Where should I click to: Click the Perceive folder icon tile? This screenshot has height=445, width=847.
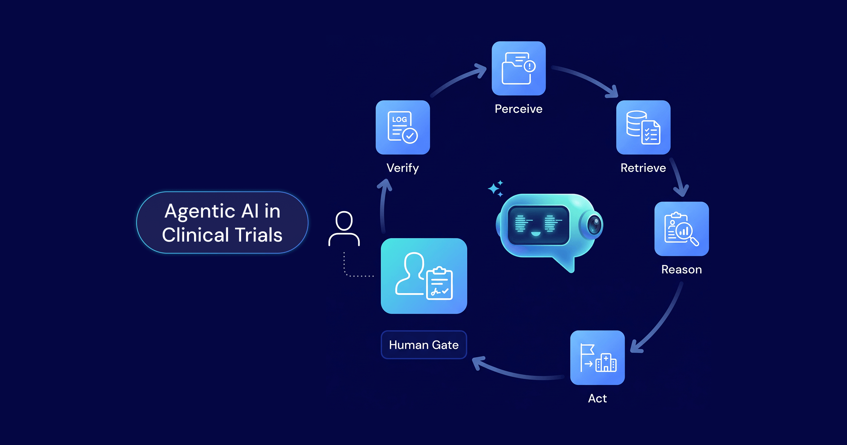pos(518,68)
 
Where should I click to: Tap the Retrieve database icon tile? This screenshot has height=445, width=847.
pos(643,127)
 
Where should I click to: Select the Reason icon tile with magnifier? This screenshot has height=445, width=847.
pos(681,229)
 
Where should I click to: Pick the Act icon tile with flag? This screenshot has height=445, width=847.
pos(597,357)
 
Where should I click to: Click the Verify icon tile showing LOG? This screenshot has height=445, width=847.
pos(403,127)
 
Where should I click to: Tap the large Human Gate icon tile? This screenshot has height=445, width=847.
pos(424,276)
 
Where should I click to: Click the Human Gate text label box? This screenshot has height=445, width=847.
pos(424,345)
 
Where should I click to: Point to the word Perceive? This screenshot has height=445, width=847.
pos(518,109)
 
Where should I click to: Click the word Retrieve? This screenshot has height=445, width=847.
pos(643,168)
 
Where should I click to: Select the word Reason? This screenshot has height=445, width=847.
pos(681,269)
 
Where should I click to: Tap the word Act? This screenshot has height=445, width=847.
pos(597,398)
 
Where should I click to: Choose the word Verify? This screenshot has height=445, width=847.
pos(403,168)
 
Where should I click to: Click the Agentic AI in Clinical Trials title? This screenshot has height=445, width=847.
pos(222,222)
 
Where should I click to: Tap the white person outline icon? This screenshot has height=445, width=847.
pos(344,229)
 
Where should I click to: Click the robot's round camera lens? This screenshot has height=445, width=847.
pos(595,225)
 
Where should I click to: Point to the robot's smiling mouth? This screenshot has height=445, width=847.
pos(536,234)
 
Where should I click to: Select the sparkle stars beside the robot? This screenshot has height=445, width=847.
pos(496,189)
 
